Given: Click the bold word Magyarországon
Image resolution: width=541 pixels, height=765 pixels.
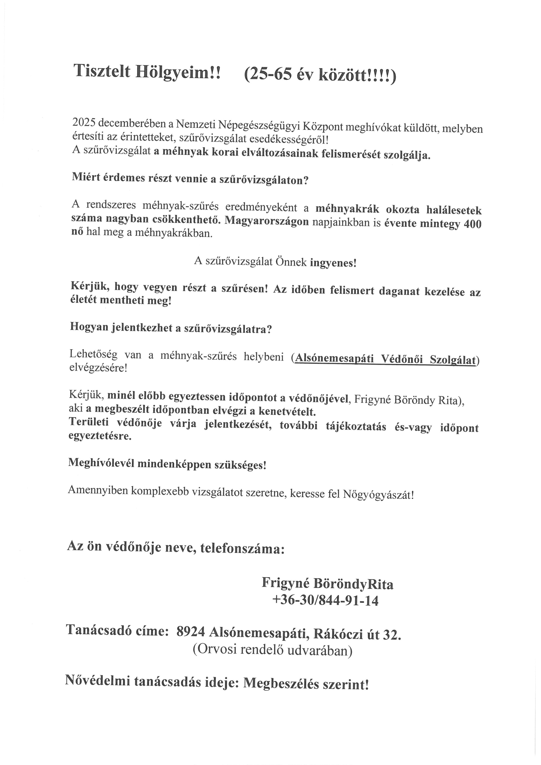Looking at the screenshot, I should point(267,221).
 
